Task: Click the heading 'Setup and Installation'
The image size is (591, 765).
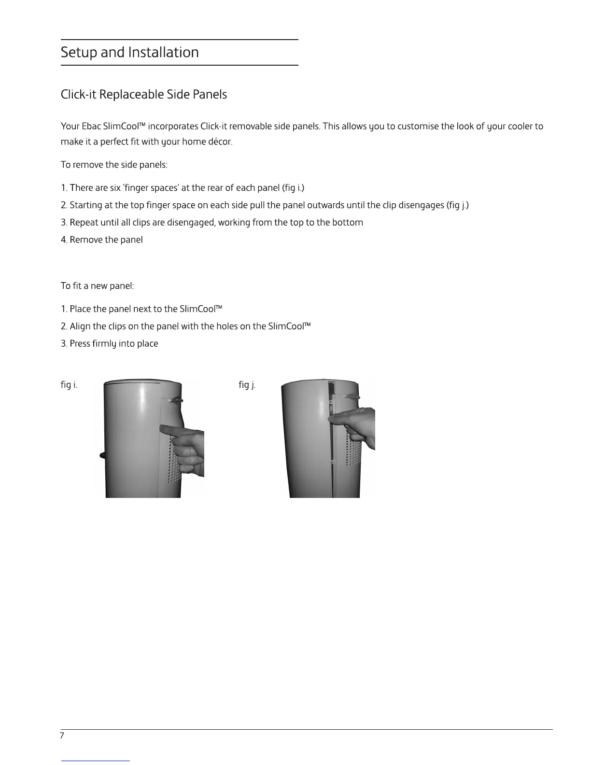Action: click(129, 52)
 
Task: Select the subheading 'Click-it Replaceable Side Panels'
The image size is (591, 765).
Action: click(143, 95)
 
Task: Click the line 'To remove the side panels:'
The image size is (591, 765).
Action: click(114, 165)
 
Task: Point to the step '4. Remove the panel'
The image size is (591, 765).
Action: click(101, 240)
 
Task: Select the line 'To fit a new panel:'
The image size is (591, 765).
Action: click(97, 286)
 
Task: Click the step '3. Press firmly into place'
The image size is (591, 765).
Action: click(109, 344)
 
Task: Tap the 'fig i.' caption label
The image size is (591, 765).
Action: click(69, 385)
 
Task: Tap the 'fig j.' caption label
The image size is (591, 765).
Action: click(247, 385)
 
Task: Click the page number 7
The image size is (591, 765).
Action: click(62, 736)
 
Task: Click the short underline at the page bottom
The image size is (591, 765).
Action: click(96, 760)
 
